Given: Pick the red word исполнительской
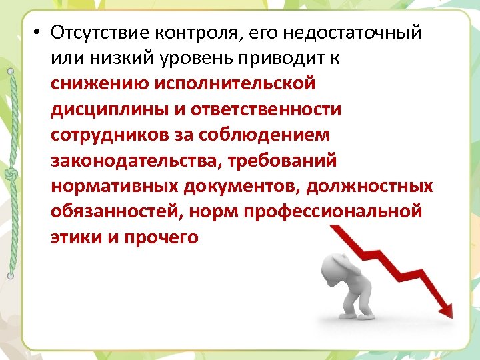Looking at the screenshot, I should click(235, 84).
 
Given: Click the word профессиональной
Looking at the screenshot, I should click(333, 211).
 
